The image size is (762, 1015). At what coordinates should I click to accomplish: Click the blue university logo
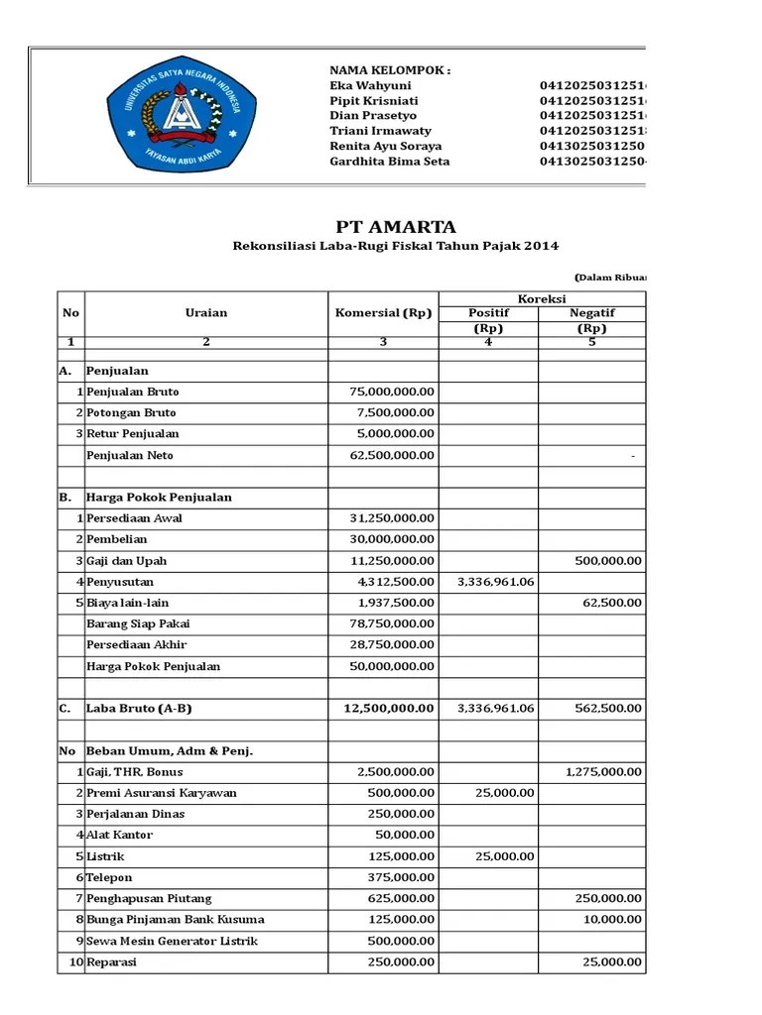pyautogui.click(x=174, y=116)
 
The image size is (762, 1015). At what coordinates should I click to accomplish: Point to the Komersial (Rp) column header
pyautogui.click(x=383, y=313)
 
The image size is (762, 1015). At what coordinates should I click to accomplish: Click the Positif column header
pyautogui.click(x=488, y=312)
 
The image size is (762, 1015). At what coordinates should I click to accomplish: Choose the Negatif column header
pyautogui.click(x=592, y=312)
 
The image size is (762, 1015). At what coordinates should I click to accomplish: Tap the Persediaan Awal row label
pyautogui.click(x=135, y=518)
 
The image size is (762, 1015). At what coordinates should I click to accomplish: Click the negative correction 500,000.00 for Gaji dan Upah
pyautogui.click(x=608, y=561)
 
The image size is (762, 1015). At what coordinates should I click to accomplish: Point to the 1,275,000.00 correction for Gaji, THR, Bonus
pyautogui.click(x=603, y=772)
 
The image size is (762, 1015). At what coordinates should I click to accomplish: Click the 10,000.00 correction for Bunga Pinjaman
pyautogui.click(x=613, y=920)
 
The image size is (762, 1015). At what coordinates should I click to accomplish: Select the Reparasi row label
pyautogui.click(x=112, y=962)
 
